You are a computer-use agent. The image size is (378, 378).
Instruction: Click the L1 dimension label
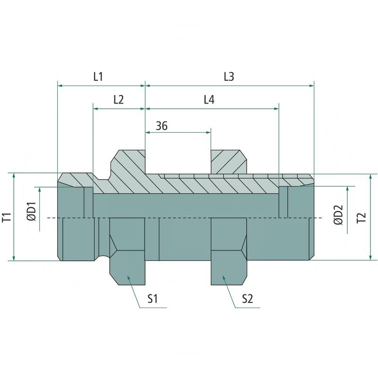(98, 77)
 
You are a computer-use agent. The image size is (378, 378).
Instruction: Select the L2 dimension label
(119, 100)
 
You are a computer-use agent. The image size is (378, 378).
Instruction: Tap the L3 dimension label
(229, 77)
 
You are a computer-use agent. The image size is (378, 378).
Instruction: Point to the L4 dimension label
(209, 100)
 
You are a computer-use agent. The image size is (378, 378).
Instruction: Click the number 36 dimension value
(162, 126)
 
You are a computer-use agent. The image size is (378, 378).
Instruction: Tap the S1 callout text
(152, 299)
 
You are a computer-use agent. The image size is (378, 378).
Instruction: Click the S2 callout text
(247, 299)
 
